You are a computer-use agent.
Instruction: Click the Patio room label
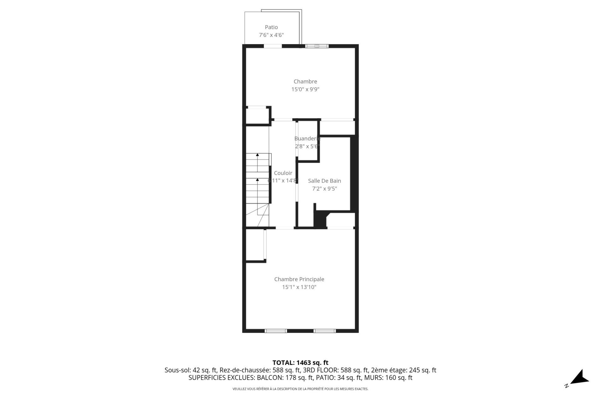coord(271,27)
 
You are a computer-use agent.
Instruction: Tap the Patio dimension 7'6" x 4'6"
coord(271,35)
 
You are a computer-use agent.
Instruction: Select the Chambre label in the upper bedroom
coord(305,82)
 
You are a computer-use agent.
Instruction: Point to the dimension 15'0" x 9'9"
coord(305,89)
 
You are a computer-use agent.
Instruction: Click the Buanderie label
coord(307,139)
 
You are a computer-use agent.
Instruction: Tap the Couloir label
coord(283,173)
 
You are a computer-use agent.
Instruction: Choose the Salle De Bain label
coord(324,181)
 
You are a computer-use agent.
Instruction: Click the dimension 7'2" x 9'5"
coord(324,189)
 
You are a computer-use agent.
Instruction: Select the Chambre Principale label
coord(299,279)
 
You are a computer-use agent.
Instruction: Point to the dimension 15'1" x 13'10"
coord(299,287)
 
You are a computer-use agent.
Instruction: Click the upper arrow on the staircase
coord(257,155)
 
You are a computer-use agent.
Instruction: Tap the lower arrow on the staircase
coord(257,180)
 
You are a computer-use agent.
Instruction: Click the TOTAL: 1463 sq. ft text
coord(300,363)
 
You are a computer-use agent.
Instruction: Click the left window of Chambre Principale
coord(275,331)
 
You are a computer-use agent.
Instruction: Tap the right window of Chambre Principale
coord(325,331)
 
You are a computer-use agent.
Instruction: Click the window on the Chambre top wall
coord(317,46)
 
